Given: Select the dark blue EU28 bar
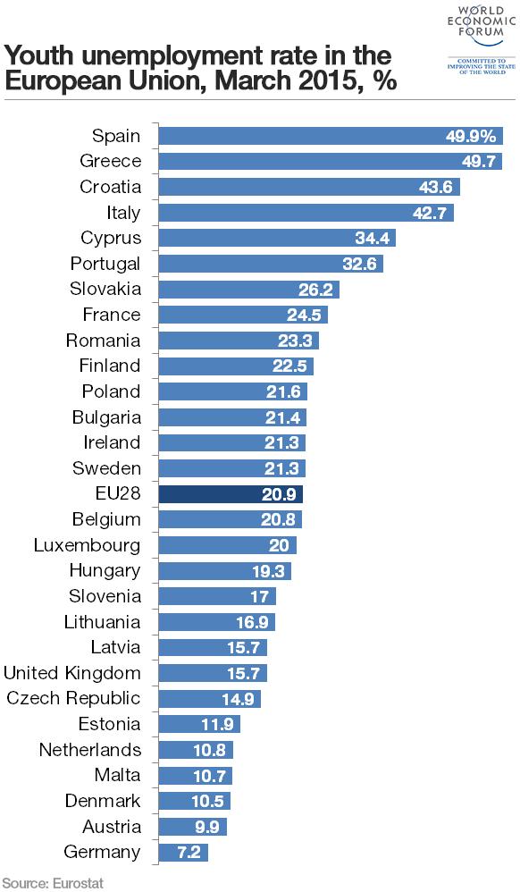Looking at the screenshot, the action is coord(231,494).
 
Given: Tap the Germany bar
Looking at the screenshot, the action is coord(183,853).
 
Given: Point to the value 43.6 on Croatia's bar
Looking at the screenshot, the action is coord(435,187).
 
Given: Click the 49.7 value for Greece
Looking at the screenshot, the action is coord(479,162).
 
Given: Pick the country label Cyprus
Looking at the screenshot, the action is coord(111,238).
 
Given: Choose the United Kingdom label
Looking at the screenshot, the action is coord(72,673).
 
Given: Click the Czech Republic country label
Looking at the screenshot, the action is coord(73,699).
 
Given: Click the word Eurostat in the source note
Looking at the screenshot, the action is coord(79,883).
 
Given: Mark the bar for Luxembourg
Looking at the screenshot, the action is coord(228,545).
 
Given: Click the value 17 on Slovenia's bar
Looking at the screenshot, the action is coord(259,597).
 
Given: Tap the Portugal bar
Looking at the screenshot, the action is coord(271,264).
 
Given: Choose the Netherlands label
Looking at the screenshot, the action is coord(90,750).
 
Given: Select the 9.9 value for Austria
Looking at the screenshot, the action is coord(207,827).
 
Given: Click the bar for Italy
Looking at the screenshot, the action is coord(306,213).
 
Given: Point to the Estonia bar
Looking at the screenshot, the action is coord(200,724).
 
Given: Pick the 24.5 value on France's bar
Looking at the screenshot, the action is coord(304,316).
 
